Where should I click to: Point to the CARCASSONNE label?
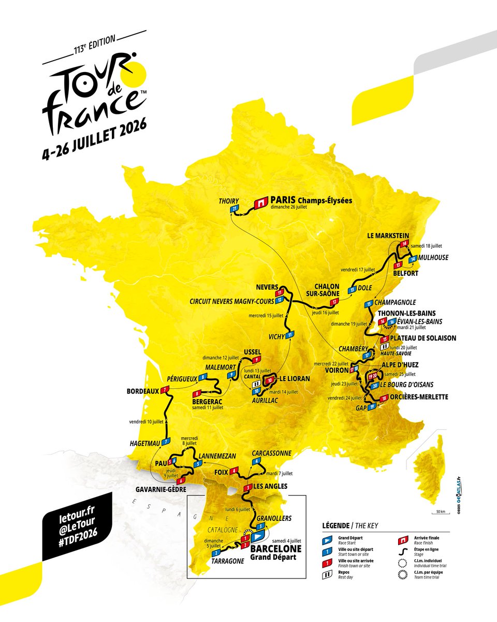[x=272, y=453]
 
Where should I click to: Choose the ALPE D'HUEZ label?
[x=402, y=365]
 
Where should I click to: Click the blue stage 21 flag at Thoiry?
[x=235, y=208]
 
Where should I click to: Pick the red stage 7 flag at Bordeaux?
[x=166, y=390]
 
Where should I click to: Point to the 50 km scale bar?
[x=441, y=513]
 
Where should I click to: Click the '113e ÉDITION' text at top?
[x=87, y=53]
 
